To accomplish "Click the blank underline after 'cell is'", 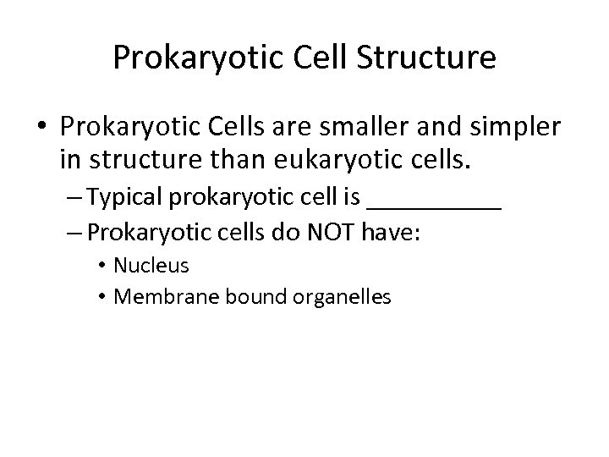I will point(436,206).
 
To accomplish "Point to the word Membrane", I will point(153,297).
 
